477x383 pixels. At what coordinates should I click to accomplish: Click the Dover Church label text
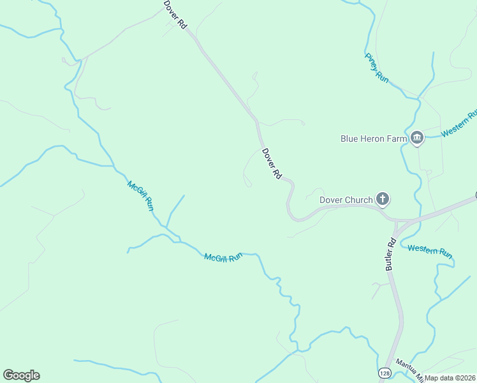click(x=346, y=200)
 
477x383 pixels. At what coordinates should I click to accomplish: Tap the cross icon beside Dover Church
click(x=383, y=200)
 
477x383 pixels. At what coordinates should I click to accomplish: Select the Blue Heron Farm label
click(x=374, y=139)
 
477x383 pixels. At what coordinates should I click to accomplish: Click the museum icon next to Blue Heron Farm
click(x=417, y=138)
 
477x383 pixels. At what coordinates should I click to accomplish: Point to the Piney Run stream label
click(x=377, y=67)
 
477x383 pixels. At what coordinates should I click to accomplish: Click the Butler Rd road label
click(x=391, y=254)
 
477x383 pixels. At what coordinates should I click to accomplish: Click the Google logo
click(x=21, y=375)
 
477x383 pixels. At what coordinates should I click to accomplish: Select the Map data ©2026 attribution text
click(x=450, y=378)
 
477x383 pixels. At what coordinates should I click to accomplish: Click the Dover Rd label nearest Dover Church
click(x=271, y=163)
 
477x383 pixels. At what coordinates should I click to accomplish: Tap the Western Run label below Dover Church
click(x=430, y=251)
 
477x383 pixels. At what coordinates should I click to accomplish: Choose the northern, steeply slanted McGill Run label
click(x=140, y=195)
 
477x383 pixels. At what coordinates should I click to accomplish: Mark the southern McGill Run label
click(x=223, y=257)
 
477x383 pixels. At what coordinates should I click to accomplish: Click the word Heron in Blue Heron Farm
click(x=374, y=139)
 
